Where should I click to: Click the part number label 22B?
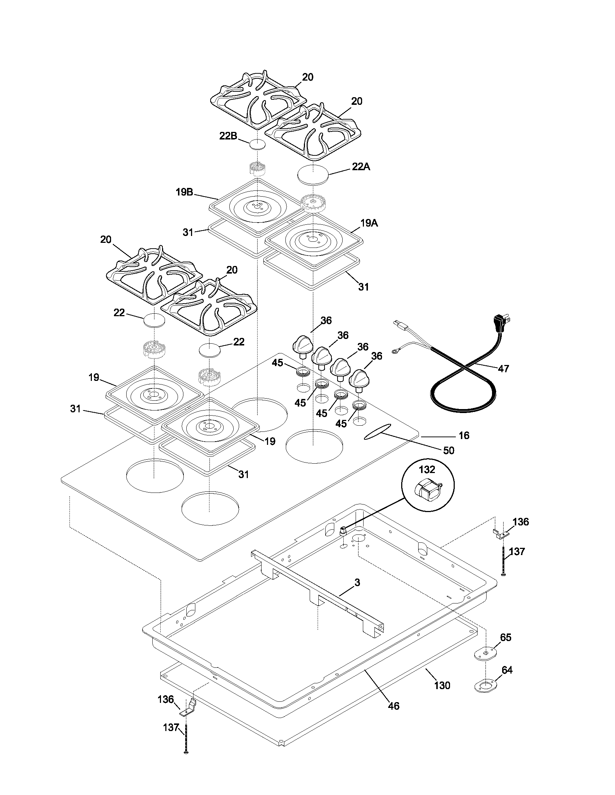click(228, 136)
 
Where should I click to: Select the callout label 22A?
click(361, 167)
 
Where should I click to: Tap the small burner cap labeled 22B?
click(258, 144)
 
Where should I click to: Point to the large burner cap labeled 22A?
click(313, 174)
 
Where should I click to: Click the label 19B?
click(184, 192)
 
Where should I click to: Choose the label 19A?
click(369, 223)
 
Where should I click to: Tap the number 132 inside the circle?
click(427, 469)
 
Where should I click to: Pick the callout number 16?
click(464, 435)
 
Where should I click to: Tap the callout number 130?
click(442, 686)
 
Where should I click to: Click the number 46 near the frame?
click(394, 706)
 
